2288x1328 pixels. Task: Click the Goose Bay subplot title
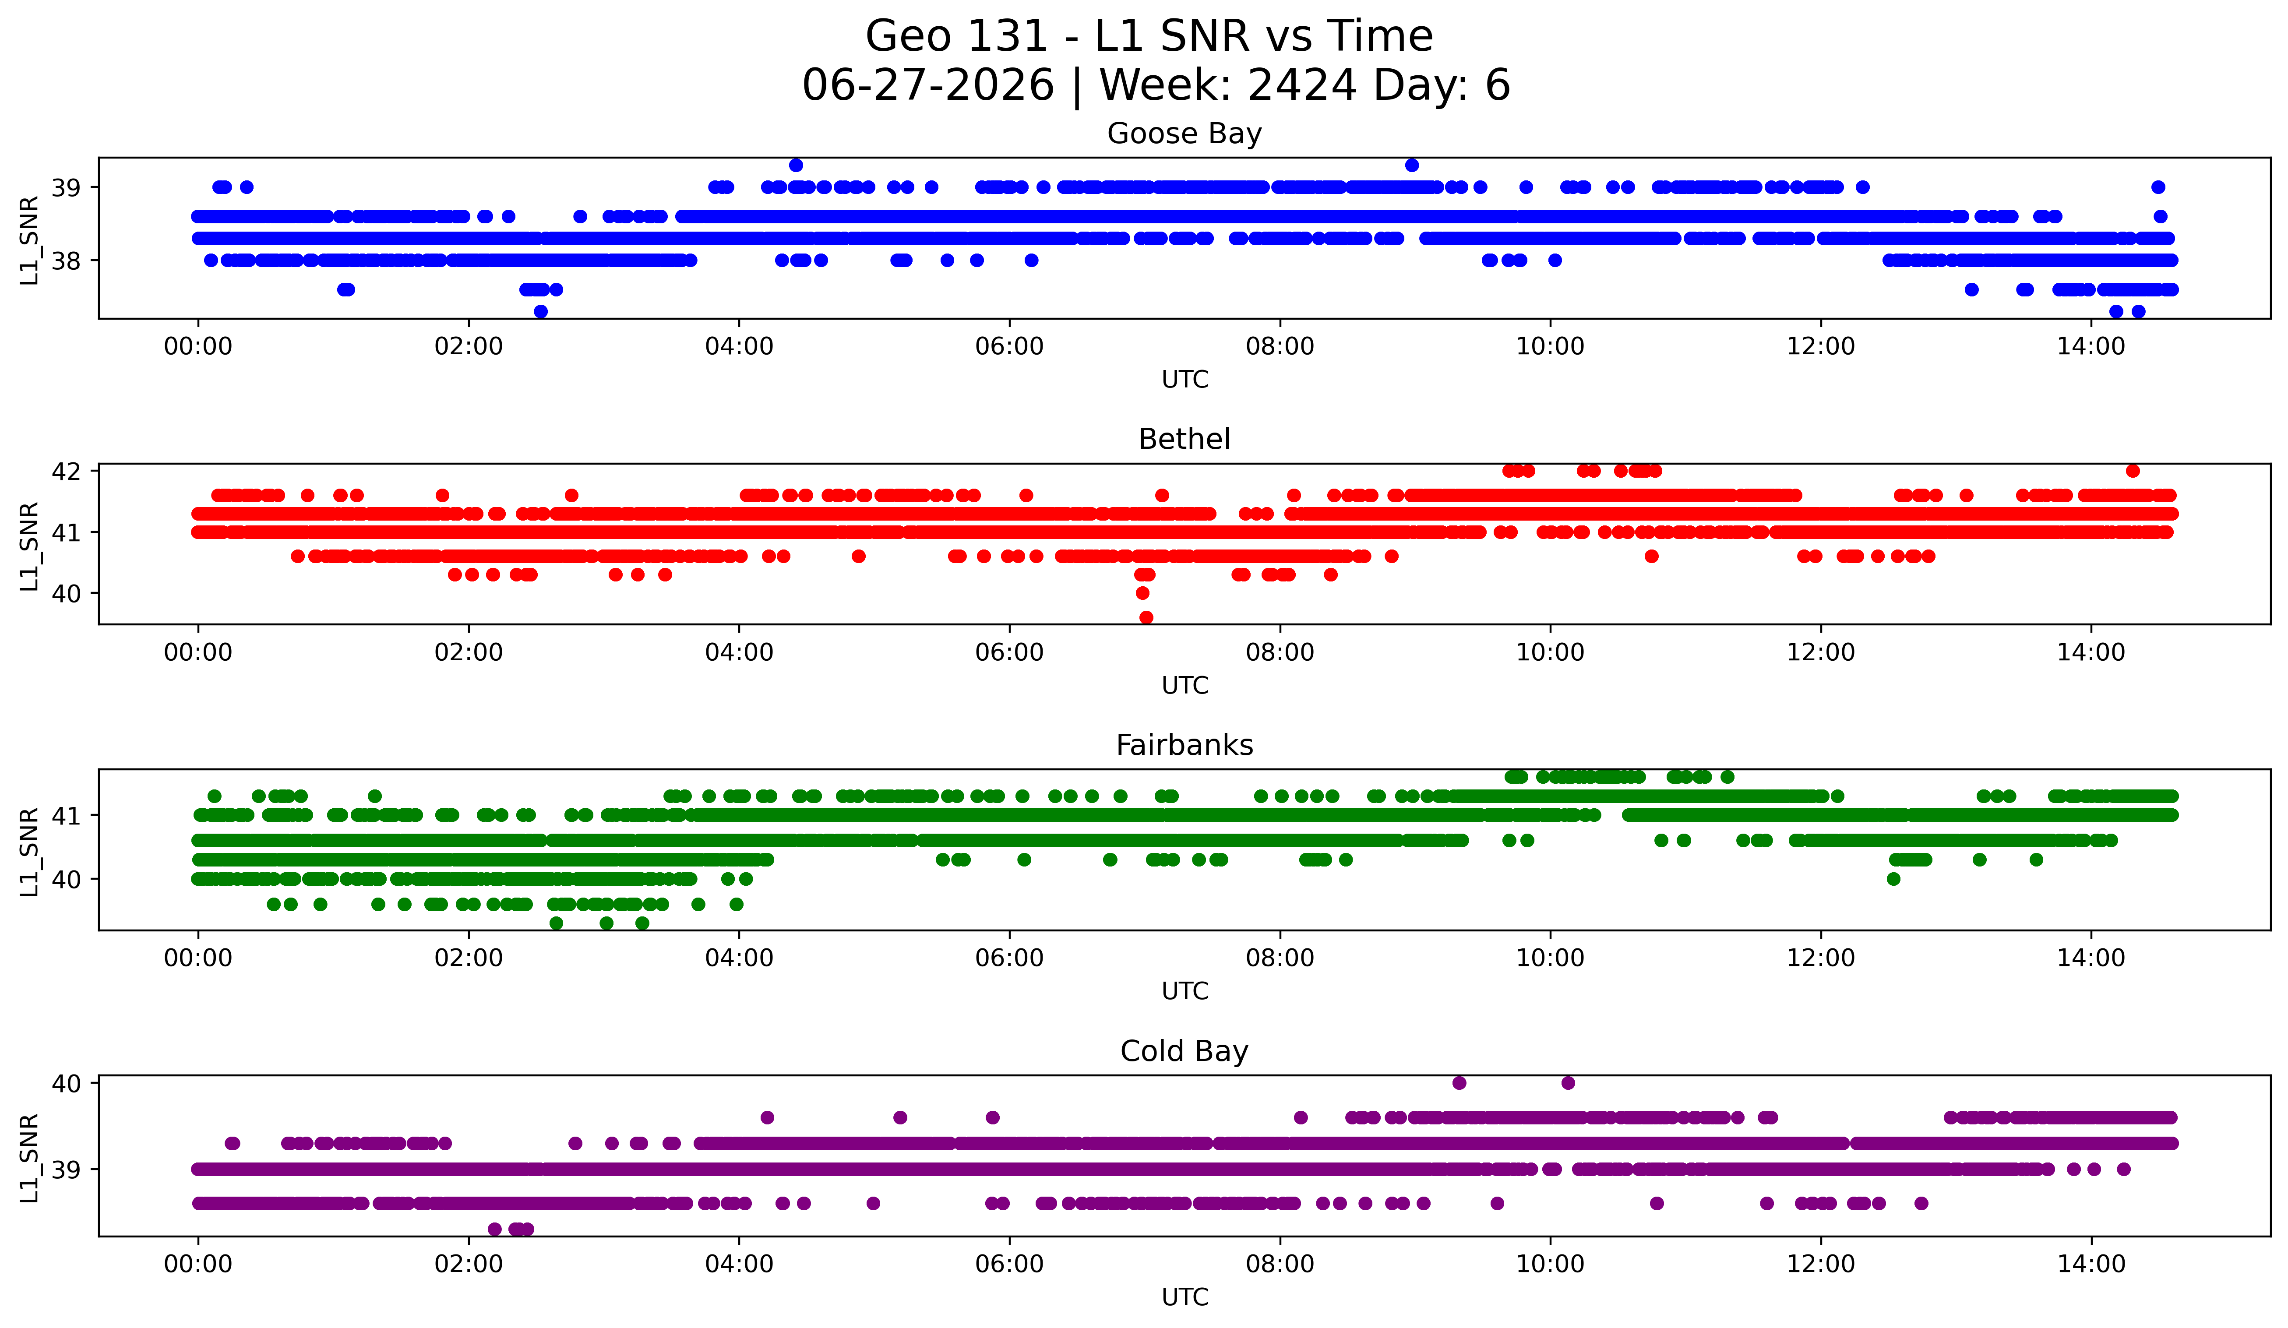click(x=1184, y=134)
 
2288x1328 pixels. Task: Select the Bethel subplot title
click(x=1184, y=439)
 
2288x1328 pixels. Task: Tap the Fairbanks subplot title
click(x=1184, y=745)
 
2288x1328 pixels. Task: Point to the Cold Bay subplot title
click(x=1184, y=1051)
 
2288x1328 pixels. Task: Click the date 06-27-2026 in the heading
click(x=928, y=85)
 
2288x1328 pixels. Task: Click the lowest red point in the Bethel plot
click(x=1146, y=617)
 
